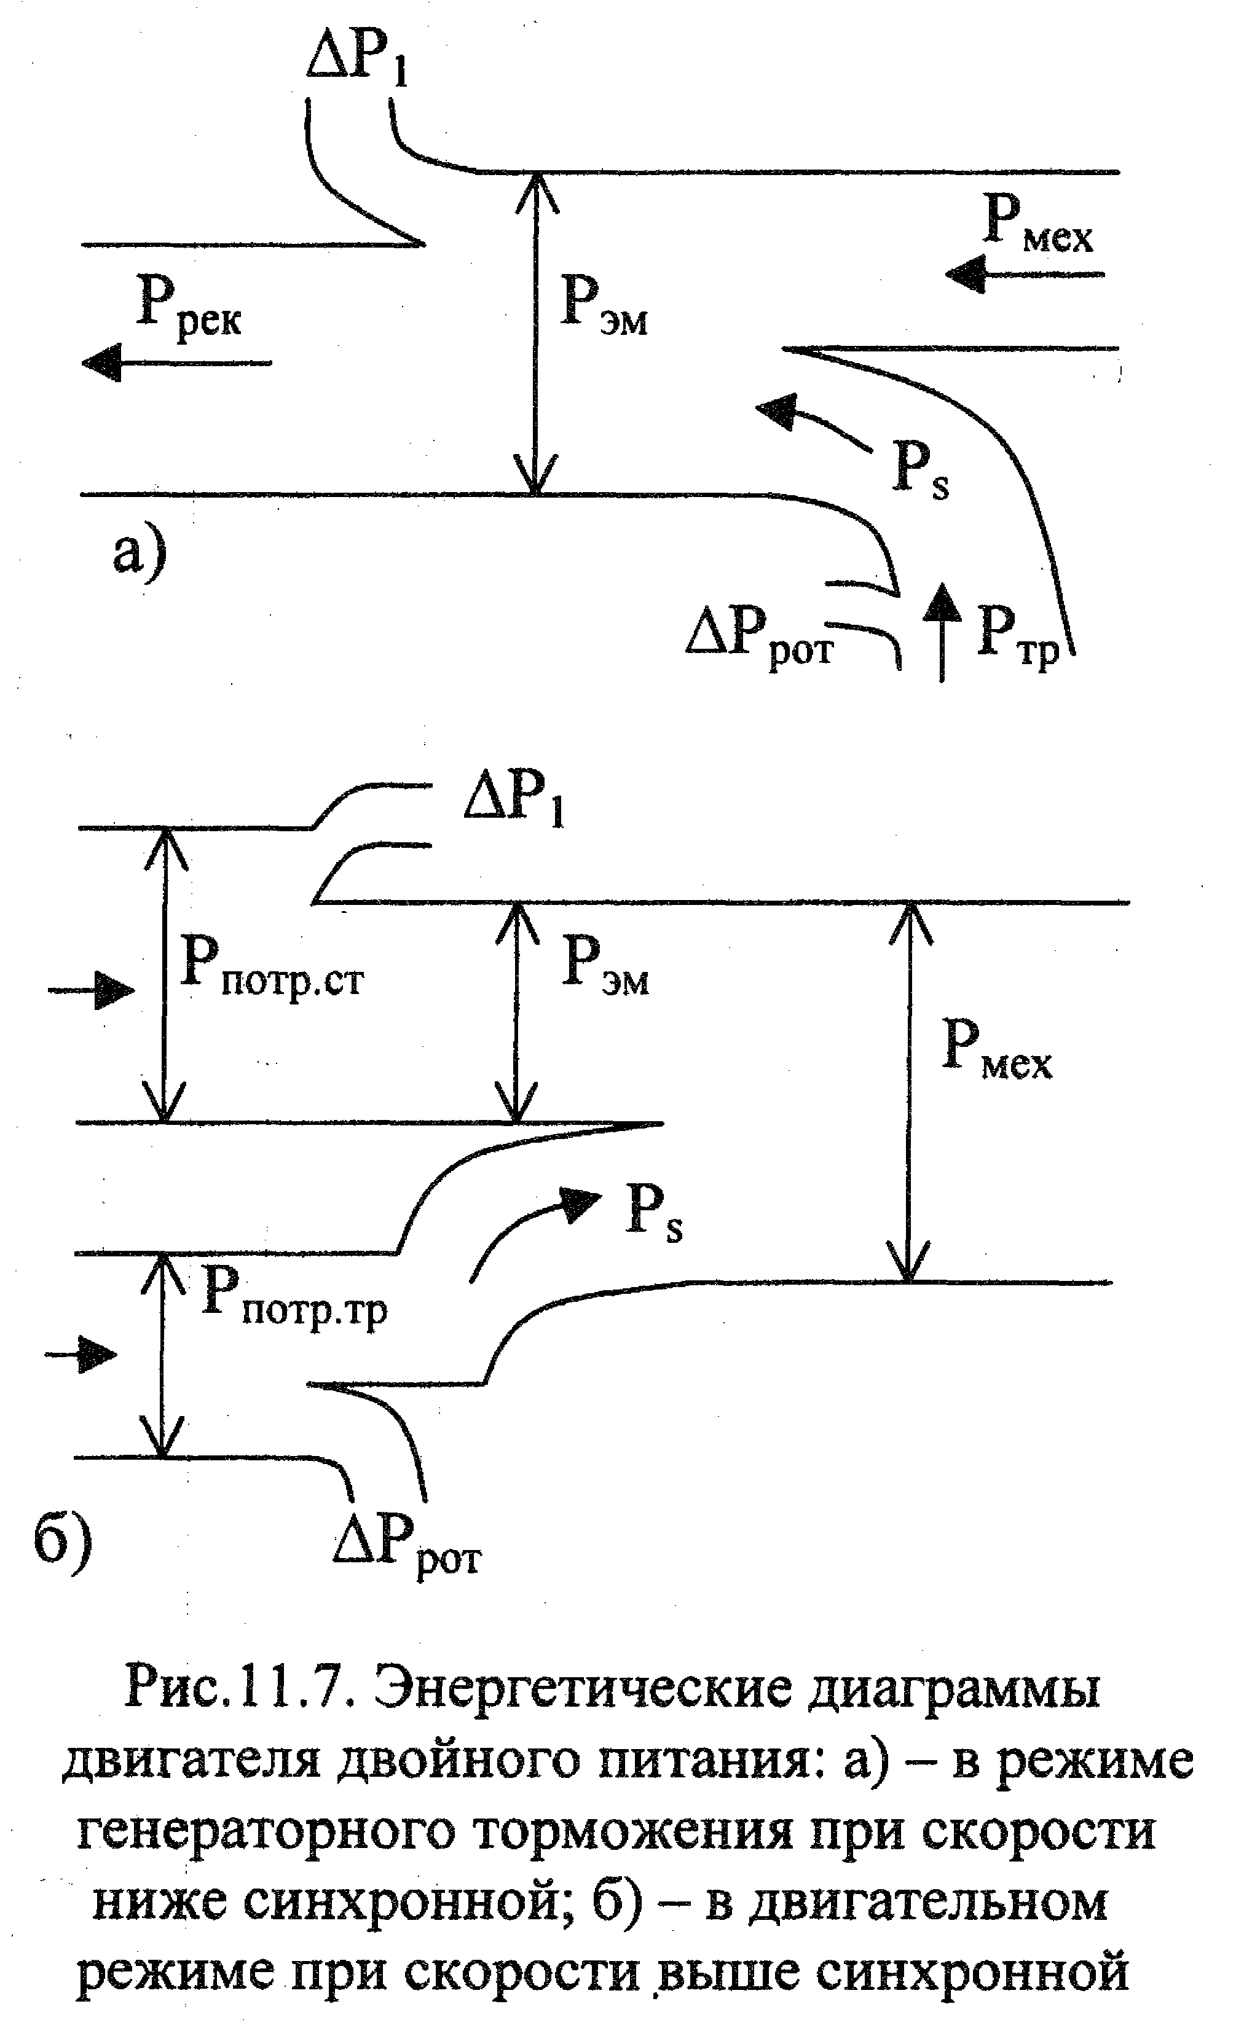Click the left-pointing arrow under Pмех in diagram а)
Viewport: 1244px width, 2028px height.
[x=1025, y=273]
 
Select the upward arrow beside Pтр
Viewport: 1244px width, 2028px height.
[x=942, y=632]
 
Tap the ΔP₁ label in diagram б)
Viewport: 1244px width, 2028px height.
[x=514, y=800]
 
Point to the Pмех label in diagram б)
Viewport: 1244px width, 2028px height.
[x=996, y=1049]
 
